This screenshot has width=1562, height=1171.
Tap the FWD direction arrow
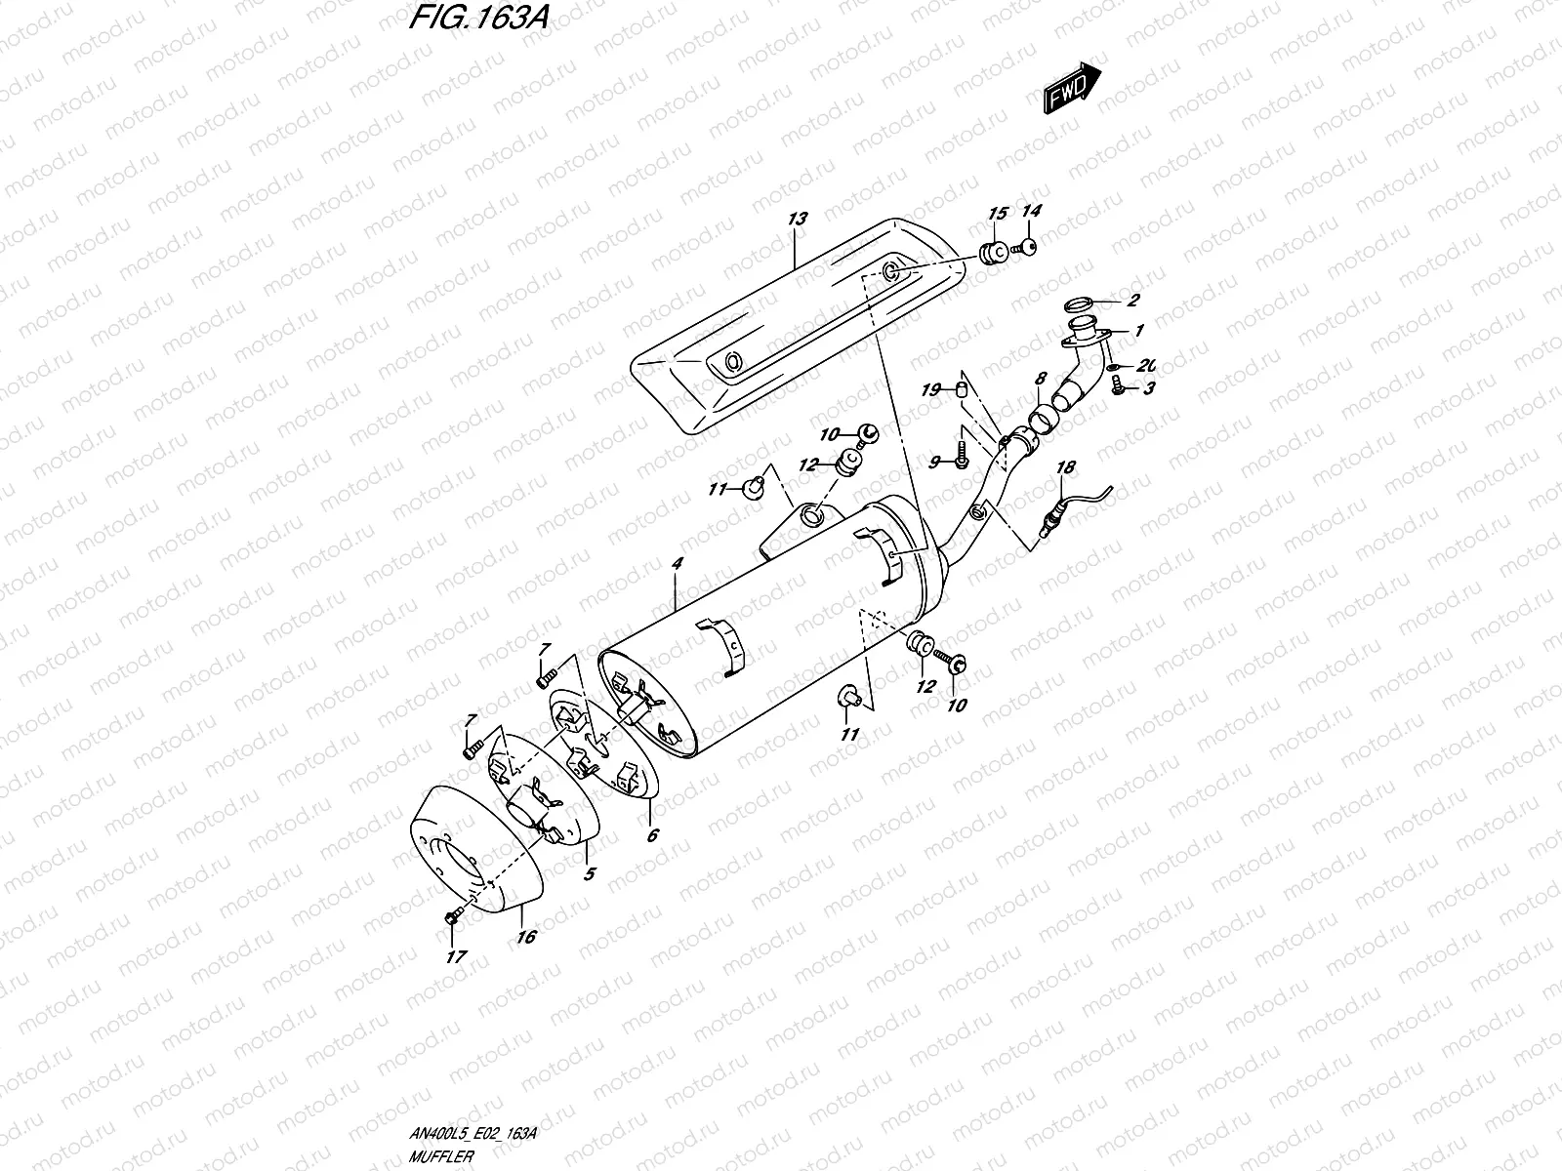1072,90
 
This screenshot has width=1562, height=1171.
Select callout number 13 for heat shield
799,220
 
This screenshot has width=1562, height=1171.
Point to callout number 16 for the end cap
527,937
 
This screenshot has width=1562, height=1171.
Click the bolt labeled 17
451,916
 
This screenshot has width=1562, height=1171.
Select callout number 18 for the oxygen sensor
1065,467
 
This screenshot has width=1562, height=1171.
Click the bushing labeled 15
993,254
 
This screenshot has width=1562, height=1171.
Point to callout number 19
931,390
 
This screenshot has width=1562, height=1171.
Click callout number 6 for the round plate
652,835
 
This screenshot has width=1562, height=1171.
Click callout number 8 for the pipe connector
1041,377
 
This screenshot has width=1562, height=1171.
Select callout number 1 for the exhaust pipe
1138,331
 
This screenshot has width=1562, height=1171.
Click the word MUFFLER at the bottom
442,1155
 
